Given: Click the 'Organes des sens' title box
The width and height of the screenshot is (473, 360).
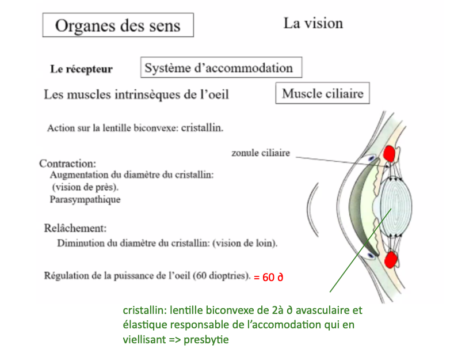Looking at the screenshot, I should coord(117,26).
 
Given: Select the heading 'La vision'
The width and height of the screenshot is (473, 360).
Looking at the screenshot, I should coord(313,24).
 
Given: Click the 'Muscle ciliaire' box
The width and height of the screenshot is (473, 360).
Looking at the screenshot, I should coord(323,94).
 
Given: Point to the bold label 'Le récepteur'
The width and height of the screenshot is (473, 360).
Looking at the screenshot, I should coord(81,69).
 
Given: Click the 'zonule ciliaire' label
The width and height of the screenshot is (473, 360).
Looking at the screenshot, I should coord(260,153).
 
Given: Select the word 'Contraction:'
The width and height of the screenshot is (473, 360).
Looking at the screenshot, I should coord(67,163).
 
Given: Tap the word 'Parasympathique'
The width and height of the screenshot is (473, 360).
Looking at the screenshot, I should coord(85,199).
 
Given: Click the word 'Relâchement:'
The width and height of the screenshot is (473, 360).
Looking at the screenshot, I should coord(75,228).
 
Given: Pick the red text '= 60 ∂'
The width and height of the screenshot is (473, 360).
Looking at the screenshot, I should coord(269,277).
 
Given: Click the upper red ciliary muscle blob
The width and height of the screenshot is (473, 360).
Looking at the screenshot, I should coord(391,154).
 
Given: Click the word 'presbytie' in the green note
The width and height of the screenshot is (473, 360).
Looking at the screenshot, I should coord(206,340).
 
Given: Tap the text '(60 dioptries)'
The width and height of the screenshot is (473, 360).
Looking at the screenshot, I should coord(221,275).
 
